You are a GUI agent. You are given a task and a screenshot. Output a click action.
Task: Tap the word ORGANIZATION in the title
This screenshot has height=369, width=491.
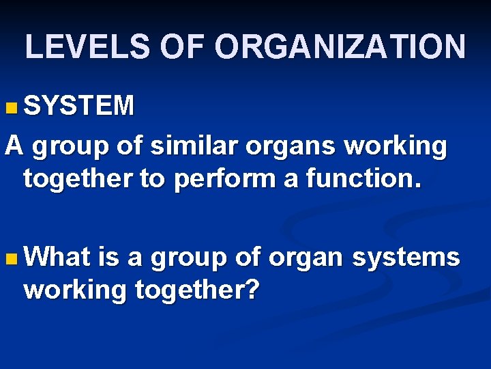coord(340,47)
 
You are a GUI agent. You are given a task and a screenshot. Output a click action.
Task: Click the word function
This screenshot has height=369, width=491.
coord(363,179)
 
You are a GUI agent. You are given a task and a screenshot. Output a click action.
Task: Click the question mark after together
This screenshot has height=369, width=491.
coord(252,290)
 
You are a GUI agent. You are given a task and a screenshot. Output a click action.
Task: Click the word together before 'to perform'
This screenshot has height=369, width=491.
coord(75,180)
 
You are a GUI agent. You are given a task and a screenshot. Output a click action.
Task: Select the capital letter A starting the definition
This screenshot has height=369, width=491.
coord(14,145)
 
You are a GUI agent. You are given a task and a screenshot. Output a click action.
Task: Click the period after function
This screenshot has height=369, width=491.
coord(418,185)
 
